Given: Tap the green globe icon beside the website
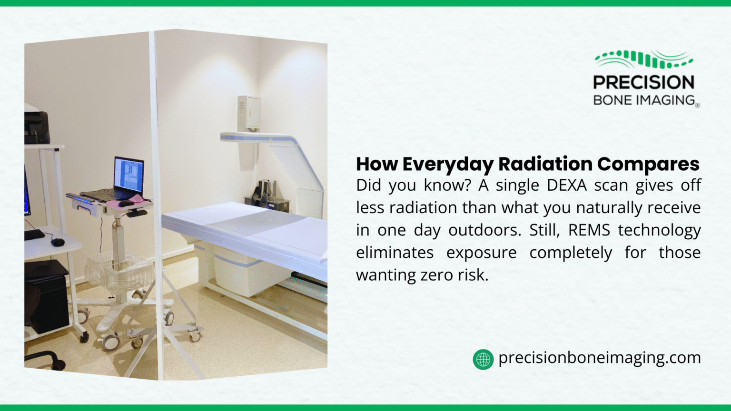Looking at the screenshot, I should [483, 359].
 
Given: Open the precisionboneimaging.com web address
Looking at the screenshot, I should [599, 358].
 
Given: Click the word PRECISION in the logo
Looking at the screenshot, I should [643, 82].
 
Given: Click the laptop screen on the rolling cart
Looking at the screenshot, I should [128, 174].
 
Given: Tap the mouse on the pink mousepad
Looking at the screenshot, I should [126, 203].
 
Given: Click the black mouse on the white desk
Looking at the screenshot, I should [58, 242].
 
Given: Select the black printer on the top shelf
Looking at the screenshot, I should [37, 127].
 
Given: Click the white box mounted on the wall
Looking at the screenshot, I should [249, 113].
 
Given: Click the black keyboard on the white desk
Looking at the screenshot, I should [34, 235].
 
